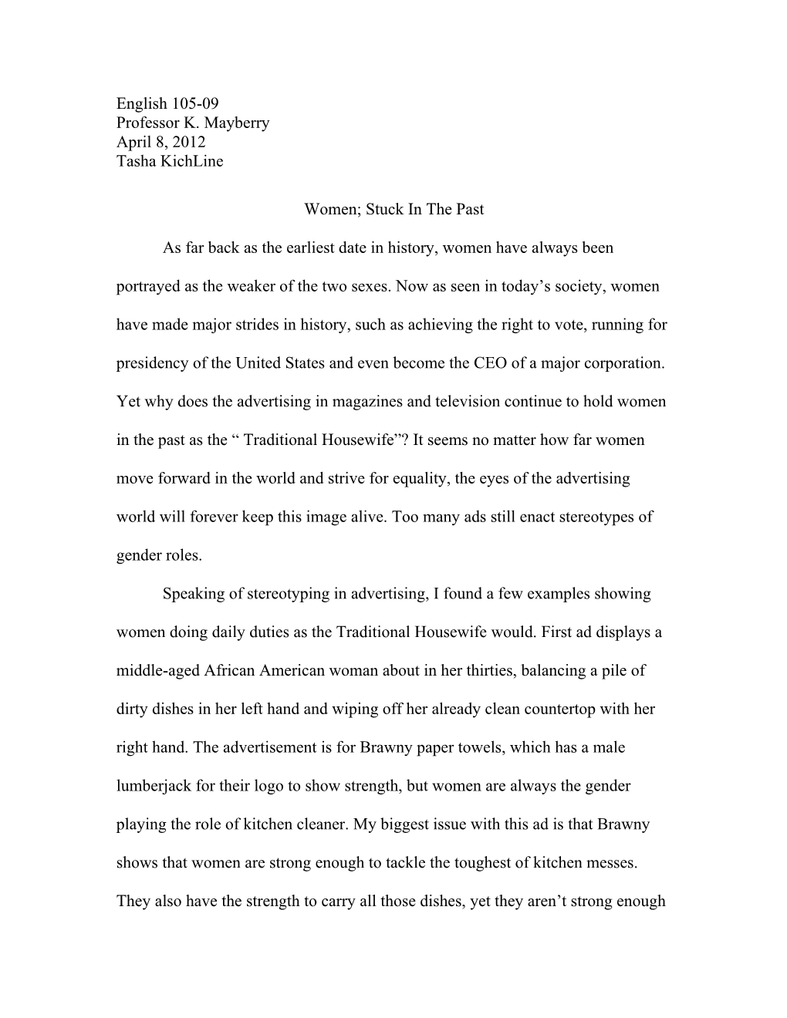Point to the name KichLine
tap(191, 161)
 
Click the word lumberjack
tap(153, 786)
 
